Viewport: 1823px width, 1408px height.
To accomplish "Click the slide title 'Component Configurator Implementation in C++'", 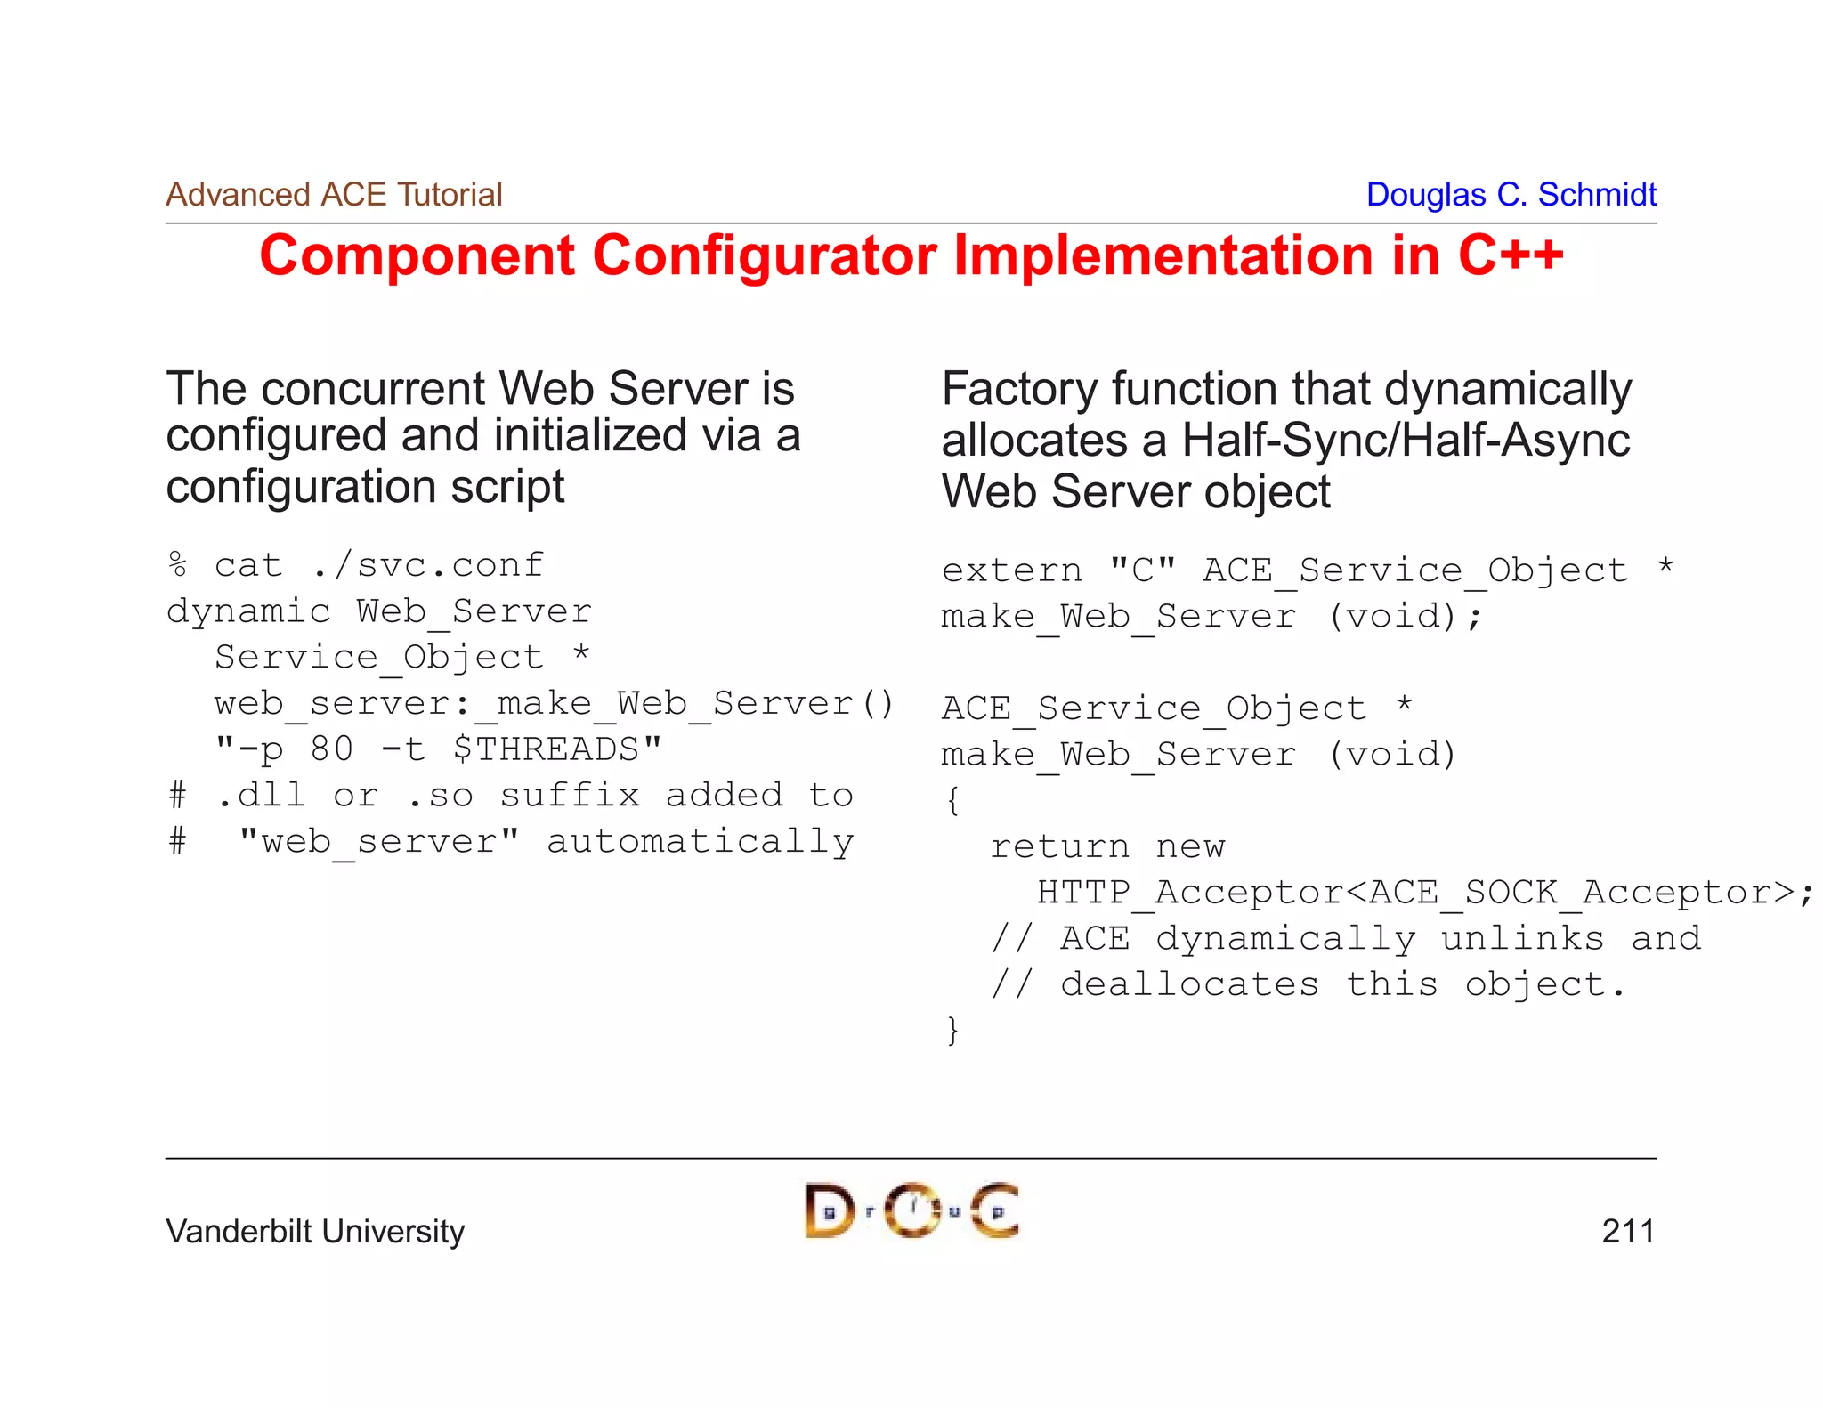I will coord(911,256).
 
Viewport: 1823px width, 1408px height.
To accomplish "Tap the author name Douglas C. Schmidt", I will coord(1511,194).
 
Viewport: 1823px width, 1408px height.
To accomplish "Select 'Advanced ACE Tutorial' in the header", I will coord(334,194).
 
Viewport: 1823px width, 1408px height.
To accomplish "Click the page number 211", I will coord(1627,1231).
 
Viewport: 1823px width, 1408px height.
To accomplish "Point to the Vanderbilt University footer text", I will coord(315,1231).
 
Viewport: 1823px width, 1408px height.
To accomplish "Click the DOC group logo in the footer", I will coord(911,1210).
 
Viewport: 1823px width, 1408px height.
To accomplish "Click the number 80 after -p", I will coord(331,749).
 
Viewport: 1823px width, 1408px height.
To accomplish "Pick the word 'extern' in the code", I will coord(1011,570).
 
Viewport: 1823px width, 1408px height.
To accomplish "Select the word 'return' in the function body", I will coord(1059,846).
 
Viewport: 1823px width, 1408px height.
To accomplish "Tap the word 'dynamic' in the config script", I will coord(248,611).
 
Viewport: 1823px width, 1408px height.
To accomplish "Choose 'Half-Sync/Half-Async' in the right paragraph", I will coord(1406,441).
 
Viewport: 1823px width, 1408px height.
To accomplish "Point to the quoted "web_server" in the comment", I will coord(379,841).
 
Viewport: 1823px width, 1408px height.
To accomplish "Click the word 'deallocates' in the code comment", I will coord(1189,984).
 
